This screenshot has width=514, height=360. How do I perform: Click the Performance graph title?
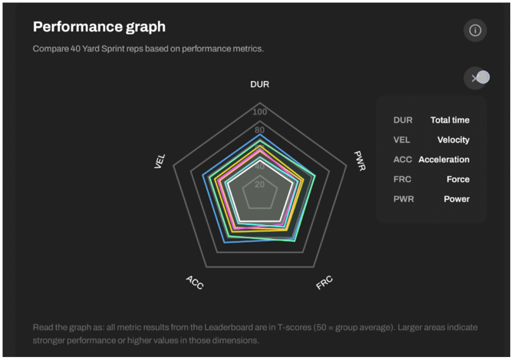[99, 27]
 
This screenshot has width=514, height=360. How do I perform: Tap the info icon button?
[475, 30]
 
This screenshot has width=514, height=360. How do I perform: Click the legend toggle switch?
[479, 78]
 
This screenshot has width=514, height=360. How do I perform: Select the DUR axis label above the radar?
[259, 84]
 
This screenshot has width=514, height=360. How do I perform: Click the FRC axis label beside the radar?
[325, 282]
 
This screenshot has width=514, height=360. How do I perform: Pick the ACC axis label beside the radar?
[195, 282]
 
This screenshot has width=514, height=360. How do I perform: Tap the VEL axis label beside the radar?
[160, 160]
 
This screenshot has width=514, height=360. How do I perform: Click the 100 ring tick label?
[260, 112]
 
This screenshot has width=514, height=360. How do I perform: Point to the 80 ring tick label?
[260, 130]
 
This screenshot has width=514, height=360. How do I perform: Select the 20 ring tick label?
[259, 184]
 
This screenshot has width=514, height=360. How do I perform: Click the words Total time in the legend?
[450, 120]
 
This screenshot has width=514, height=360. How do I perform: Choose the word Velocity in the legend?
[453, 140]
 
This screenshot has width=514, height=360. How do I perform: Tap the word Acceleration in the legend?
[443, 160]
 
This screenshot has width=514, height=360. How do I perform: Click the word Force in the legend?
[457, 180]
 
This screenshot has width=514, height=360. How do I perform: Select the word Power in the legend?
[456, 199]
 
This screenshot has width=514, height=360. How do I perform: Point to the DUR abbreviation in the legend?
[403, 120]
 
